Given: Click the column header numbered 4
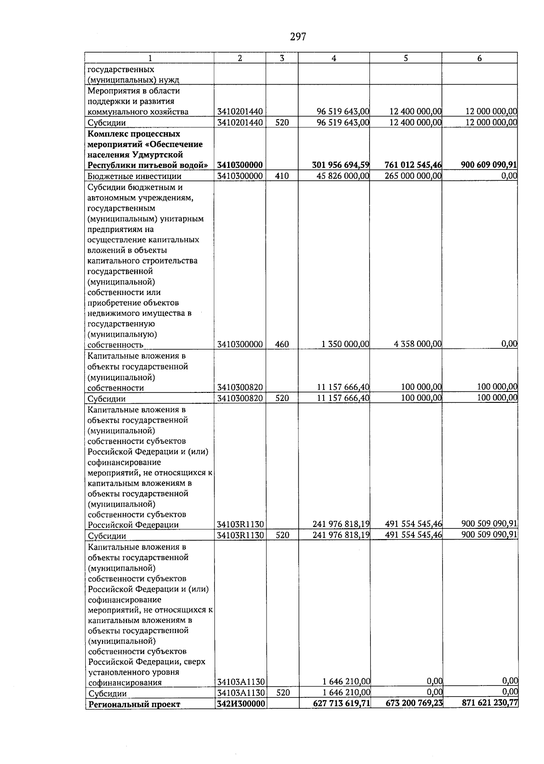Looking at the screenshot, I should pos(334,58).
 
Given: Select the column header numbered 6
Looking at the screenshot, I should pos(479,58).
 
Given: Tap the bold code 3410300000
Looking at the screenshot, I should pos(240,165).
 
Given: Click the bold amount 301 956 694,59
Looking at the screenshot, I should pos(340,165).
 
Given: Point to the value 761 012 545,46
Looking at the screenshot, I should pos(413,165).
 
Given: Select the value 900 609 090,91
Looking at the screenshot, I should pos(489,165).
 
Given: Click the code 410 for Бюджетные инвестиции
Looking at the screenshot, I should pos(282,176).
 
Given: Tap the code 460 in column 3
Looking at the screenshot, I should pos(282,344).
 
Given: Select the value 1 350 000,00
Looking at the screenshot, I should pos(345,344).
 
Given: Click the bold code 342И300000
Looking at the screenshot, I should pos(240,704).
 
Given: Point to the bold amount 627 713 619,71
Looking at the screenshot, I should pos(341,704).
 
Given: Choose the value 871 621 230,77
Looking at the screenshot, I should pos(490,704).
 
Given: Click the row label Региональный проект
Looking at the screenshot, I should pos(134,704).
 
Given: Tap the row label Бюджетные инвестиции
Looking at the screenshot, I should pos(134,177).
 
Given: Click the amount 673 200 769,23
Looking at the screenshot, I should pos(414,704).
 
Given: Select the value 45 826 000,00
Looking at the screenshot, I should pos(343,176).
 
